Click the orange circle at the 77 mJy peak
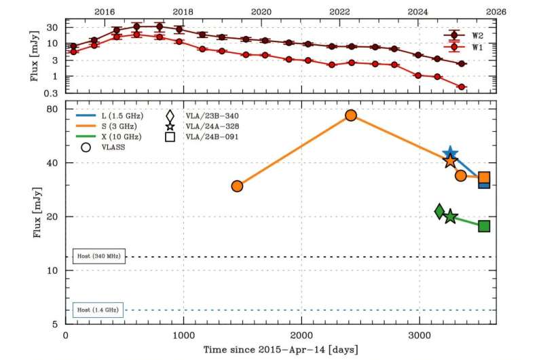(351, 115)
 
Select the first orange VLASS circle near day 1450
(237, 186)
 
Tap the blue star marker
(449, 155)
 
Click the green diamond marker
(440, 212)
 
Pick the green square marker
(484, 226)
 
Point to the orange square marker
(484, 178)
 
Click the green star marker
(450, 217)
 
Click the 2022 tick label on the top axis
(339, 12)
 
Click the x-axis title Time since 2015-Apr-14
(281, 349)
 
